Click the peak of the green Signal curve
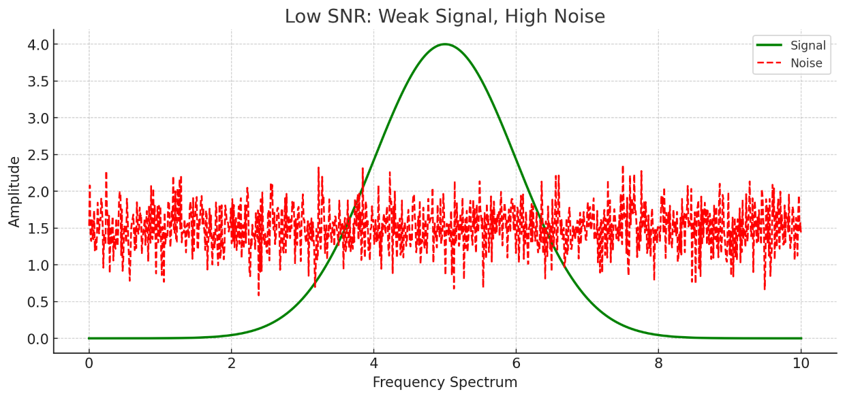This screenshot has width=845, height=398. click(x=445, y=44)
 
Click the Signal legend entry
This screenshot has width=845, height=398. click(x=808, y=46)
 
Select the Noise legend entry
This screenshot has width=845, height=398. click(x=806, y=63)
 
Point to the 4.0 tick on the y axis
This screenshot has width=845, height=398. click(x=38, y=45)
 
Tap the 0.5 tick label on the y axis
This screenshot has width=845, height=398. click(x=38, y=302)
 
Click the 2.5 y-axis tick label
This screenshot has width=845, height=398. click(x=38, y=155)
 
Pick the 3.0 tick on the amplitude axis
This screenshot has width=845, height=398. click(x=38, y=118)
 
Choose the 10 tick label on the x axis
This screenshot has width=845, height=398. click(x=801, y=364)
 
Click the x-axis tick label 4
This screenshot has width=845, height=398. click(x=373, y=364)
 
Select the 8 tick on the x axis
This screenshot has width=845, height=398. click(x=658, y=364)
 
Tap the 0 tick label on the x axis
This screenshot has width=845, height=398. click(x=89, y=364)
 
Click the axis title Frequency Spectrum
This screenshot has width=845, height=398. click(x=445, y=382)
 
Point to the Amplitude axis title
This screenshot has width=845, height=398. click(x=15, y=191)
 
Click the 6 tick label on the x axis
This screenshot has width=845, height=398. click(x=516, y=364)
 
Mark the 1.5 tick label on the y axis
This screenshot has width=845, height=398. click(x=38, y=229)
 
